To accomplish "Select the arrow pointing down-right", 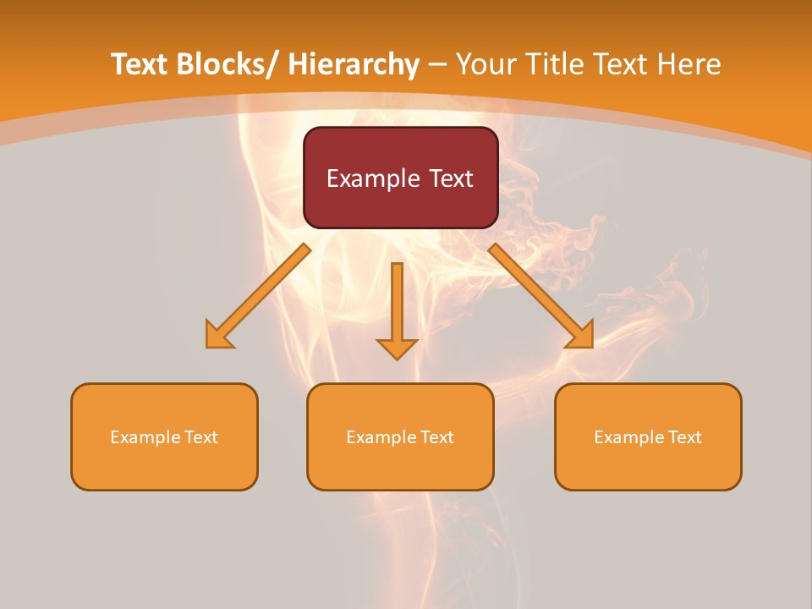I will tap(540, 295).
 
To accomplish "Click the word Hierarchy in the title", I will tap(353, 64).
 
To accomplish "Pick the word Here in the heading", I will tap(689, 64).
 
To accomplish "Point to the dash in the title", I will tap(437, 64).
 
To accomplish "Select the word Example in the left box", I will tap(145, 437).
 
